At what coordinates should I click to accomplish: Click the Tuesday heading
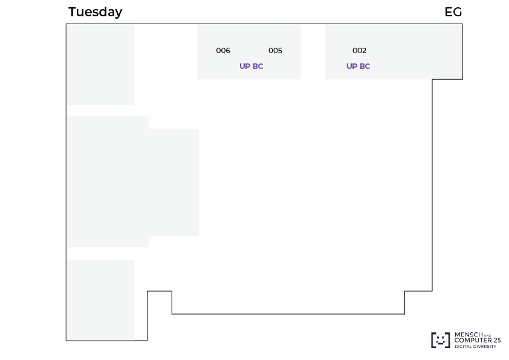(x=95, y=12)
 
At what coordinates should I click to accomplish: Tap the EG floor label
(x=453, y=12)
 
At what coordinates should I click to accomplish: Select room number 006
(x=223, y=51)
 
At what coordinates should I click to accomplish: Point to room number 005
(x=275, y=51)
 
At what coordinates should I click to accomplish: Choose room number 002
(x=359, y=51)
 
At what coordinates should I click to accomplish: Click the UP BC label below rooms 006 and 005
(x=251, y=66)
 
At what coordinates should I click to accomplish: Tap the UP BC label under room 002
(x=358, y=66)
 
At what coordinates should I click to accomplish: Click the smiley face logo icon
(x=441, y=340)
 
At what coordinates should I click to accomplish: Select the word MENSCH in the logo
(x=468, y=335)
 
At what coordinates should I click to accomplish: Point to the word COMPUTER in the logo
(x=473, y=340)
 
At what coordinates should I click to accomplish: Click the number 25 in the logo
(x=497, y=340)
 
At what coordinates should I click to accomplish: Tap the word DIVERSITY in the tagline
(x=485, y=346)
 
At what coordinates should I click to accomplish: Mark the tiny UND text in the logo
(x=488, y=335)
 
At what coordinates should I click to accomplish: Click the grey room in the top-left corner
(x=100, y=65)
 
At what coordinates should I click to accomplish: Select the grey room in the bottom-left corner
(x=100, y=300)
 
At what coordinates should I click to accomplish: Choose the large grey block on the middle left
(x=132, y=182)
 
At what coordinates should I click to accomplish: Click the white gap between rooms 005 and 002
(x=313, y=52)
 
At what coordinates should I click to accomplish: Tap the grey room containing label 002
(x=394, y=52)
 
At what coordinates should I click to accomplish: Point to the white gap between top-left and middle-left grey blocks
(x=100, y=111)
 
